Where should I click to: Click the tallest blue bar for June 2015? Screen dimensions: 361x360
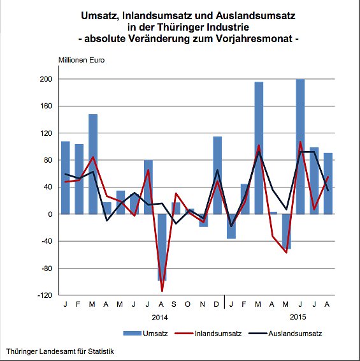300,146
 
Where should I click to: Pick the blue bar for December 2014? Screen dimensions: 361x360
217,175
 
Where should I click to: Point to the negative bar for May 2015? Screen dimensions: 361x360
286,231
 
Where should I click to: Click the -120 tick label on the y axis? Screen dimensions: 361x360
45,295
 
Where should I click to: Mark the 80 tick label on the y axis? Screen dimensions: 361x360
48,160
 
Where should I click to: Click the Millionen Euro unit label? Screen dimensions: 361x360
82,61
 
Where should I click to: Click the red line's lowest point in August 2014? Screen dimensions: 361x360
162,291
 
